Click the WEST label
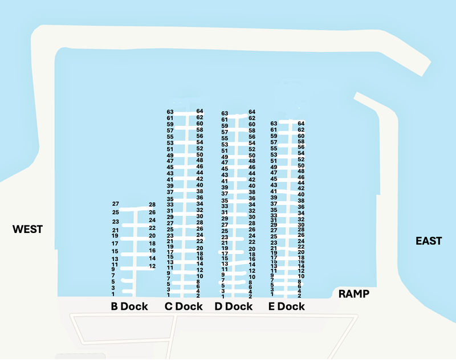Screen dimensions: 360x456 (28, 229)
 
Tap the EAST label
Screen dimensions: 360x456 (429, 241)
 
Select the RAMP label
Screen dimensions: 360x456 (354, 294)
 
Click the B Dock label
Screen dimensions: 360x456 (129, 306)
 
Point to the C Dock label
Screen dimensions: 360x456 (184, 306)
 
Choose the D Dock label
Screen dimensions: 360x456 (234, 306)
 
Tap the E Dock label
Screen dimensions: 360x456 (286, 306)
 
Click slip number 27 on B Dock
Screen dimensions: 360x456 (116, 204)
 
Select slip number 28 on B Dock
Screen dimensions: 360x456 (152, 204)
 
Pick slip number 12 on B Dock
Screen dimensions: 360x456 (152, 266)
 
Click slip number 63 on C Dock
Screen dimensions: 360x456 (170, 112)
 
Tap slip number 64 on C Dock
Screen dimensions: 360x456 (200, 111)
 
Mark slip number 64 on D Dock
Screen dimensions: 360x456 (252, 112)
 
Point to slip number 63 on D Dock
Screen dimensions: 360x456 (225, 113)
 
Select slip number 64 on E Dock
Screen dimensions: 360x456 (302, 124)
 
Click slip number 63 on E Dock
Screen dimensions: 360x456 (274, 123)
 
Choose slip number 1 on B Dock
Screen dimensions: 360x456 (113, 294)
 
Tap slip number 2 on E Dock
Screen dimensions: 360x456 (299, 296)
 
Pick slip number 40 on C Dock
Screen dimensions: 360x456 (199, 185)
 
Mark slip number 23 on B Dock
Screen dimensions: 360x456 (116, 222)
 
